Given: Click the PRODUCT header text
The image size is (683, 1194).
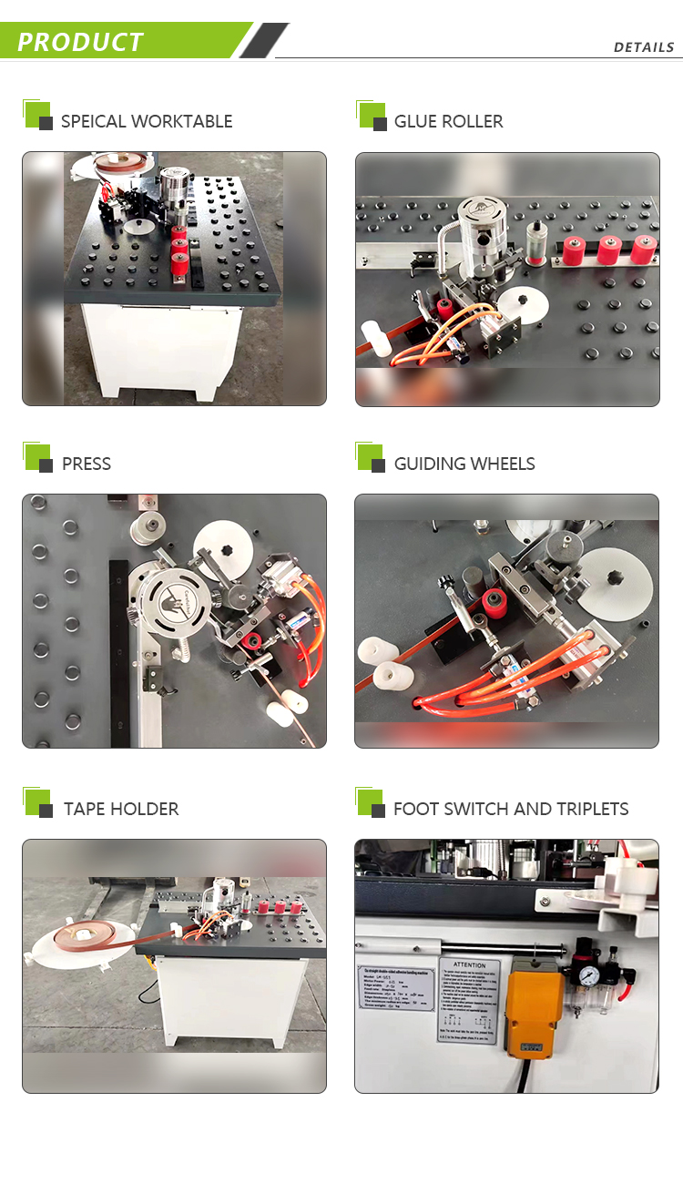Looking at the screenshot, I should tap(80, 42).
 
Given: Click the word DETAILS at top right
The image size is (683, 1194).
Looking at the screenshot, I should tap(643, 47).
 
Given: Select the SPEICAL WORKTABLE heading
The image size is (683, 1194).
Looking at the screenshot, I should tap(146, 121).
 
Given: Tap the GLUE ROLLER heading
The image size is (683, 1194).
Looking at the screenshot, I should tap(448, 121).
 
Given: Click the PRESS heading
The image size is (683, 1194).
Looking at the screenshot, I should tap(87, 464).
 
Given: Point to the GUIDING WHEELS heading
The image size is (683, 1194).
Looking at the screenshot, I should tap(464, 464).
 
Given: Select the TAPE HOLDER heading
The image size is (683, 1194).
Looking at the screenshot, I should tap(121, 809).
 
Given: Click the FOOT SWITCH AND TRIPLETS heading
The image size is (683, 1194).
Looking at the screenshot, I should tap(511, 809).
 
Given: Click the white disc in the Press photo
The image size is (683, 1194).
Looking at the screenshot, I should tap(223, 549).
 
